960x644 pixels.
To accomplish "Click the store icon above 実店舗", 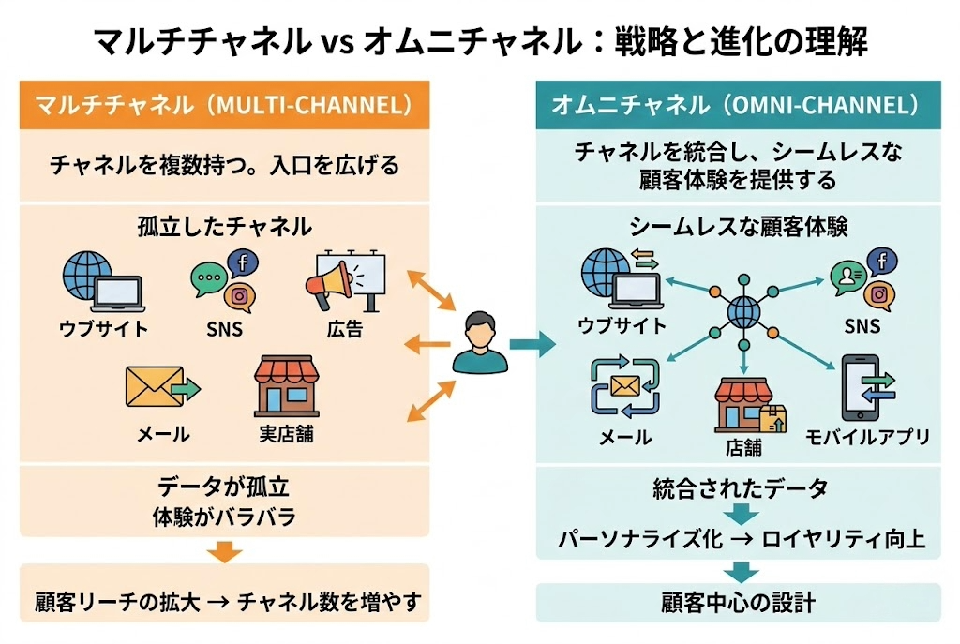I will (x=286, y=385).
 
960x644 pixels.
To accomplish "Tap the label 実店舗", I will (x=286, y=434).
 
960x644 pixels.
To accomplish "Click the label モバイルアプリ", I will (x=867, y=437).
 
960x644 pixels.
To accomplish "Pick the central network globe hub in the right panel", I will (x=742, y=309).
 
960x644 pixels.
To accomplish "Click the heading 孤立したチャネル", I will (x=224, y=227).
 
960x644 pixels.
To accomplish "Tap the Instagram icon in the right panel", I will (x=878, y=294).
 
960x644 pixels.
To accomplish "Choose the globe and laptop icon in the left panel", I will (x=101, y=282).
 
